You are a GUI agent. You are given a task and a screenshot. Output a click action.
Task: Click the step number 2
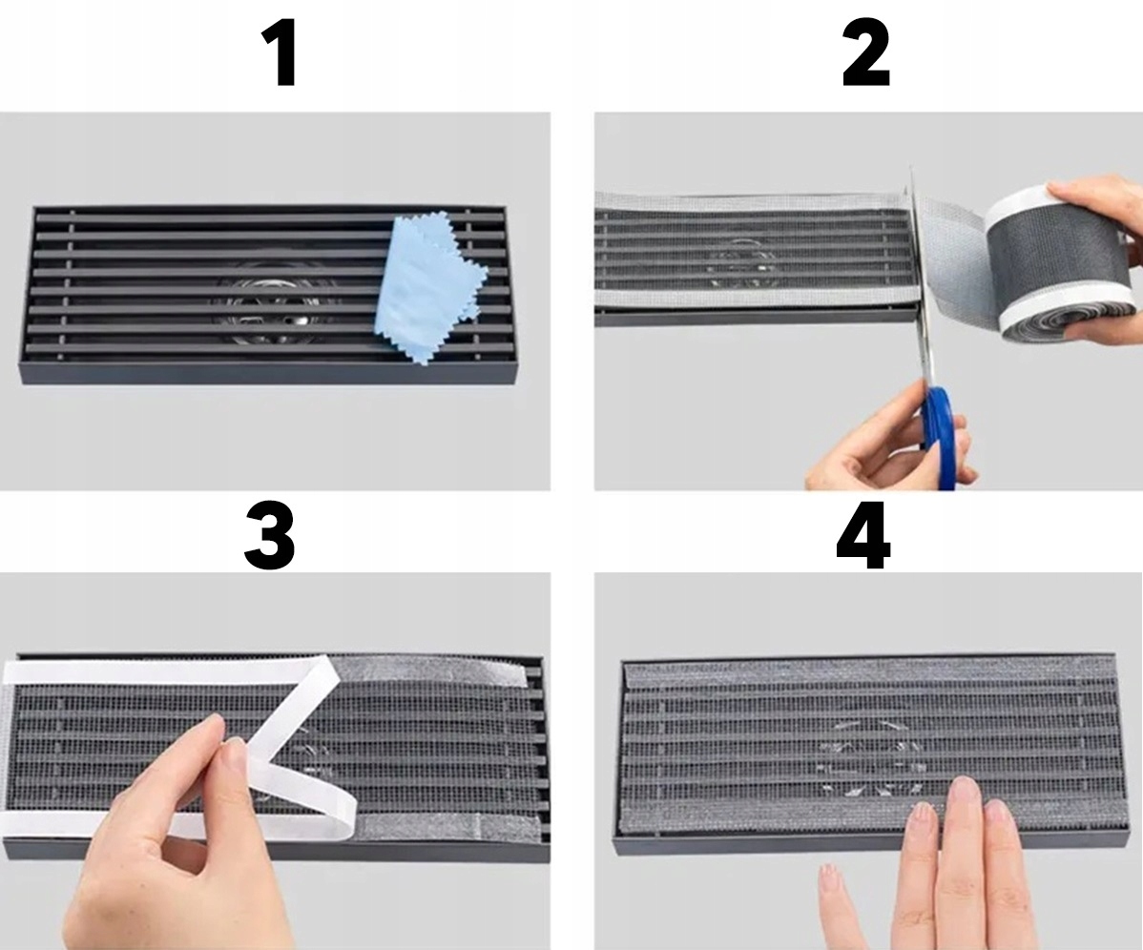point(866,54)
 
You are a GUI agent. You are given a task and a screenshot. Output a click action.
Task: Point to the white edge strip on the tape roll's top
point(1021,199)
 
